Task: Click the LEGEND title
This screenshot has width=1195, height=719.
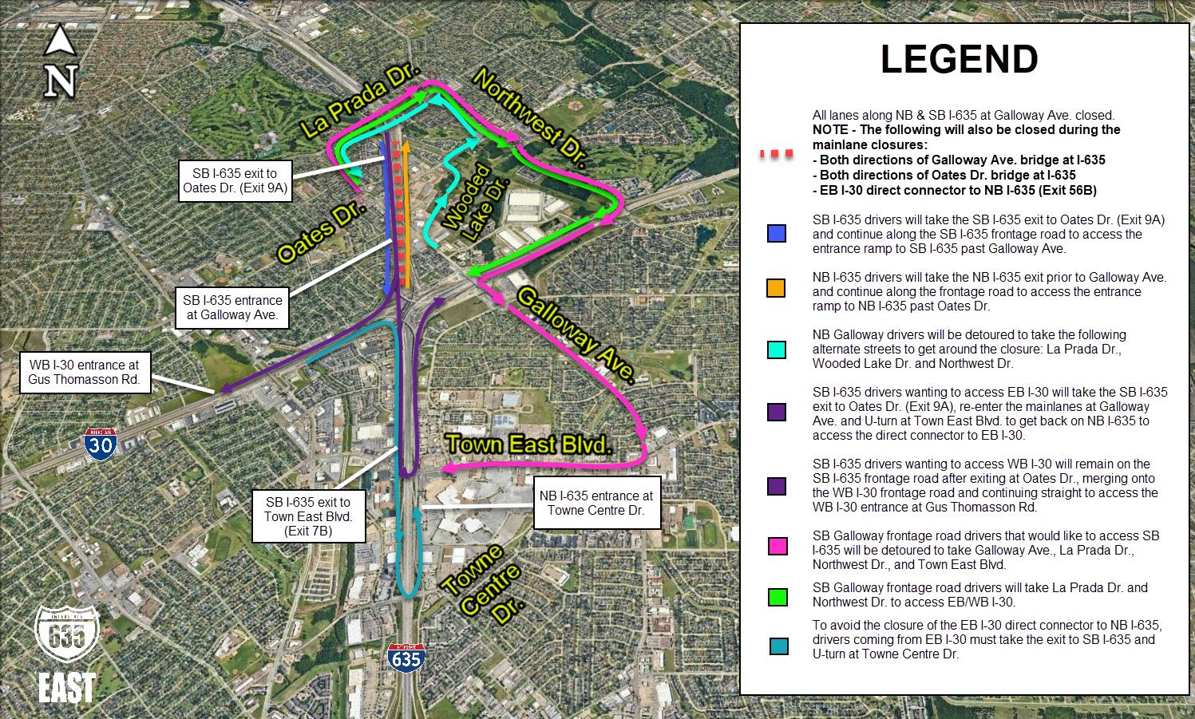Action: tap(959, 60)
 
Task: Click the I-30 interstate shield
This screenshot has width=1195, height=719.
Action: tap(101, 443)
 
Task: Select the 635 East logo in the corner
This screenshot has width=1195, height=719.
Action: tap(67, 654)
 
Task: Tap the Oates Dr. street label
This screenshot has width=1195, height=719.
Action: tap(322, 232)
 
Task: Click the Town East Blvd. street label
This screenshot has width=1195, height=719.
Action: tap(528, 444)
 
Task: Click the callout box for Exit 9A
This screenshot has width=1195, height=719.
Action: tap(234, 180)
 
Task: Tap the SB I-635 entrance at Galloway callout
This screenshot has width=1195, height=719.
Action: tap(232, 307)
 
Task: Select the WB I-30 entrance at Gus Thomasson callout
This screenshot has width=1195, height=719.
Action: tap(84, 372)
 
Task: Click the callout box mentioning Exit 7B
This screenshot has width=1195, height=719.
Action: tap(308, 516)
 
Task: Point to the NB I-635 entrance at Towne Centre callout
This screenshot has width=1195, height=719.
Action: tap(596, 503)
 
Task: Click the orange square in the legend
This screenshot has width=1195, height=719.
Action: tap(775, 289)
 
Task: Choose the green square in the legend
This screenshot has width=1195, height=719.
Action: tap(776, 597)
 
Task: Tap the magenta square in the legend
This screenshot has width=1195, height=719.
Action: tap(776, 547)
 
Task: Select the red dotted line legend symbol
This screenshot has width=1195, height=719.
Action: tap(776, 152)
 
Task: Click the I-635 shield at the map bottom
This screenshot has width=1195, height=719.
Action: tap(406, 657)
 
